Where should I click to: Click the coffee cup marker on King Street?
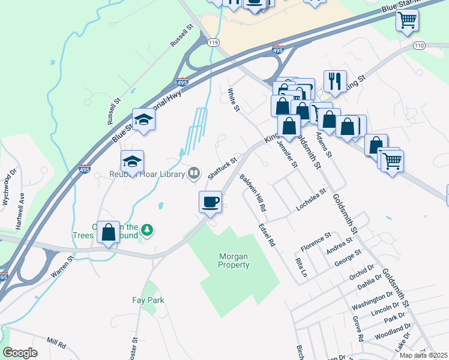(210, 202)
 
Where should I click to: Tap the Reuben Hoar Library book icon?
(193, 174)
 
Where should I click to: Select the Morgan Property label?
(234, 260)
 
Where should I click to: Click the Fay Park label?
(148, 300)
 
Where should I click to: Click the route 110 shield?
(419, 46)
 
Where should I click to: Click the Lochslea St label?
(311, 200)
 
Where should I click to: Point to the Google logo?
(20, 353)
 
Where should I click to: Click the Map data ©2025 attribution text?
(423, 355)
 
